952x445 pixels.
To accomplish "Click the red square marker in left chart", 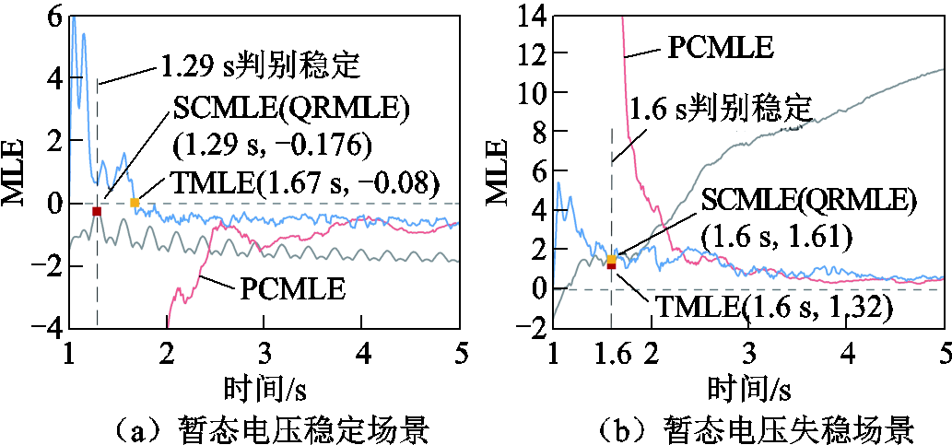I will tap(97, 211).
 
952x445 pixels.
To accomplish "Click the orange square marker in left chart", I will tap(135, 203).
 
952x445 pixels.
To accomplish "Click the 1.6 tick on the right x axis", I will tap(611, 354).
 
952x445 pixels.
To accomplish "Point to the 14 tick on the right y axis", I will tap(533, 15).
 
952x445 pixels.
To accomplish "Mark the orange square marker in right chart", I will tap(613, 260).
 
